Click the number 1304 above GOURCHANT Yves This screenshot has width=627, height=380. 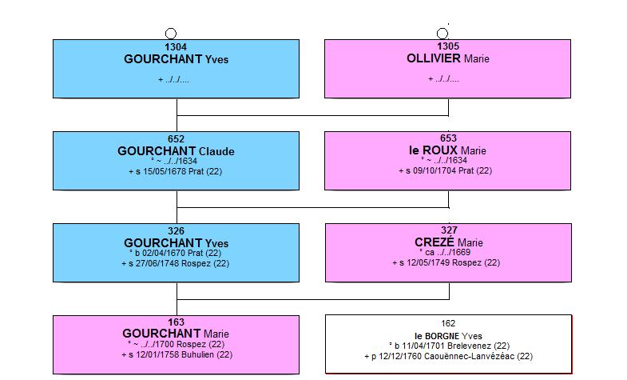(x=176, y=47)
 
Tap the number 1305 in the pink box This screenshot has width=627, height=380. (x=448, y=46)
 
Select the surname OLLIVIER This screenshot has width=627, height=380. (x=434, y=58)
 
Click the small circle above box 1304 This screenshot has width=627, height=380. (x=171, y=34)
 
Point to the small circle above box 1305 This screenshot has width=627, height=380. (x=442, y=34)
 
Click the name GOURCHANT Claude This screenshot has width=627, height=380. (x=176, y=151)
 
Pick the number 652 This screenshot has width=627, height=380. (x=176, y=139)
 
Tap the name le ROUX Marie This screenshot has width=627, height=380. (x=447, y=150)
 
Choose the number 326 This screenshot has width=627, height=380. (x=176, y=231)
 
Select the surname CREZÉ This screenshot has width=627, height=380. (x=435, y=242)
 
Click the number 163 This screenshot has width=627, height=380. (x=176, y=322)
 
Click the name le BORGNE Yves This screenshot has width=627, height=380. (x=448, y=336)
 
